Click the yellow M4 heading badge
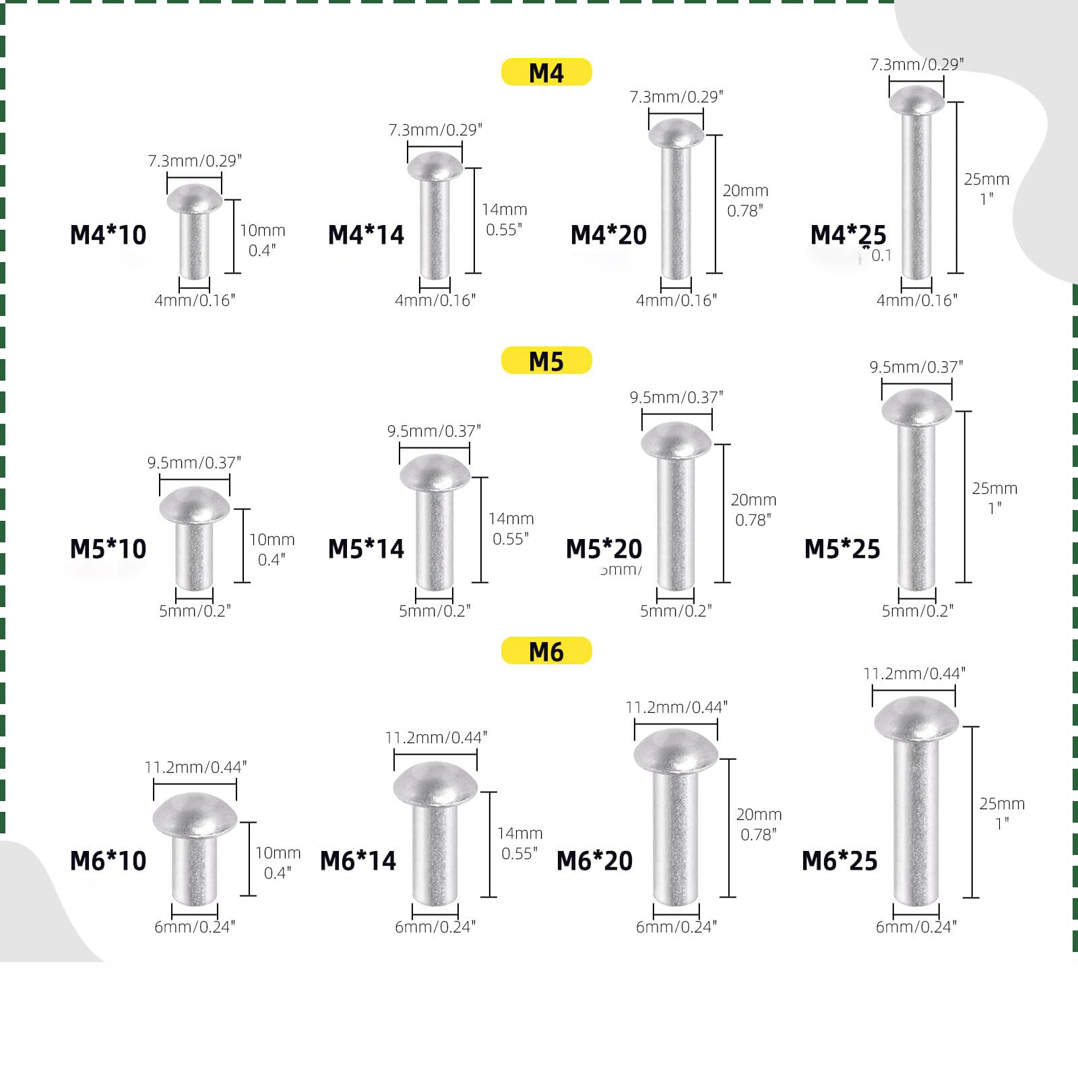point(546,72)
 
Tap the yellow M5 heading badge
point(546,360)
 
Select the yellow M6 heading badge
point(546,651)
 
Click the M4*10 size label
point(108,234)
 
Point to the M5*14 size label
point(366,549)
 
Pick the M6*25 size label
point(839,861)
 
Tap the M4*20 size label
point(608,234)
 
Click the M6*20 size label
point(595,861)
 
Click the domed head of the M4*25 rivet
point(916,100)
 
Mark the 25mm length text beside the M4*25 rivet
point(986,179)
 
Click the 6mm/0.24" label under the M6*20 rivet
point(676,927)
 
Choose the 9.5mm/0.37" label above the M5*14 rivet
point(435,431)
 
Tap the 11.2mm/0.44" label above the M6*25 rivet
point(914,673)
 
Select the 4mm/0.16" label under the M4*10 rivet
point(195,300)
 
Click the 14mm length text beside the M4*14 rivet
point(504,210)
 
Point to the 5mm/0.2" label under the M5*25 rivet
point(918,611)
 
